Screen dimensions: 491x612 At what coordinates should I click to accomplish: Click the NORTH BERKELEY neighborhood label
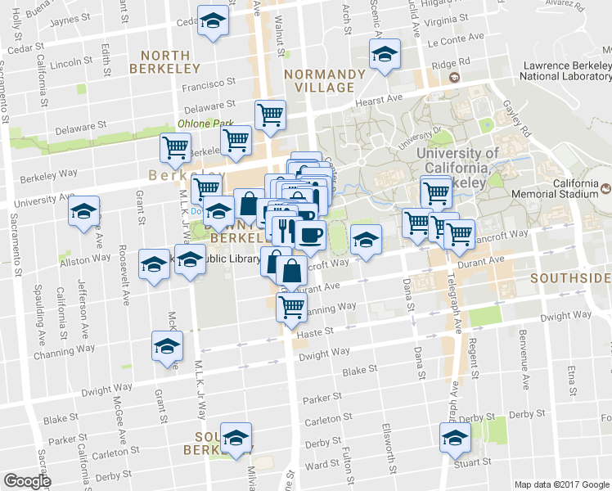pyautogui.click(x=171, y=61)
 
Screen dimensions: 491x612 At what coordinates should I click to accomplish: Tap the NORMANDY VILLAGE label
pyautogui.click(x=325, y=82)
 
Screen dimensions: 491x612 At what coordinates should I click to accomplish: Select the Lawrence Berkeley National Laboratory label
pyautogui.click(x=565, y=71)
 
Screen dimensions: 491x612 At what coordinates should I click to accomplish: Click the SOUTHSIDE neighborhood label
pyautogui.click(x=570, y=278)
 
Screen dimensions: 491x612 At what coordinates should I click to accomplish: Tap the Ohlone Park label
pyautogui.click(x=200, y=124)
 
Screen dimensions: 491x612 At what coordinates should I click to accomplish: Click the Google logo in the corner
pyautogui.click(x=27, y=481)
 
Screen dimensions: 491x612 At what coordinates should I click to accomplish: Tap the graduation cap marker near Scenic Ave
pyautogui.click(x=384, y=55)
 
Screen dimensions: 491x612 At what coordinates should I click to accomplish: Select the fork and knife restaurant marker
pyautogui.click(x=283, y=229)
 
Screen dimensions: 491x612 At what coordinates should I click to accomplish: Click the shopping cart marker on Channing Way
pyautogui.click(x=291, y=308)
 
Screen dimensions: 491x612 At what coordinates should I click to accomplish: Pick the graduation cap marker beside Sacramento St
pyautogui.click(x=83, y=212)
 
